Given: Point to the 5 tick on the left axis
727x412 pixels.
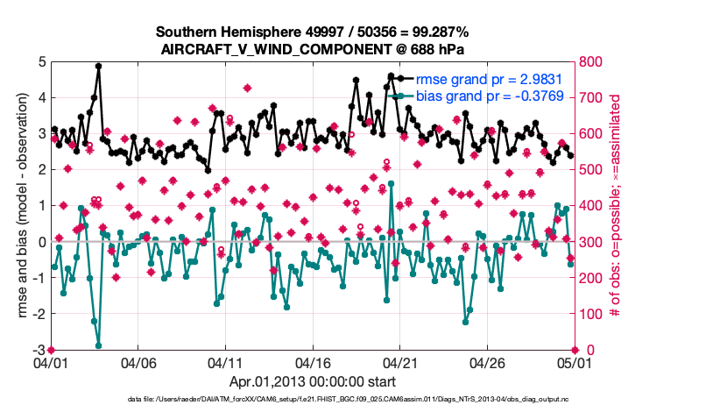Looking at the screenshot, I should pyautogui.click(x=42, y=62).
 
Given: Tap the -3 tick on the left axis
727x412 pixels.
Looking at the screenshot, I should pyautogui.click(x=39, y=350).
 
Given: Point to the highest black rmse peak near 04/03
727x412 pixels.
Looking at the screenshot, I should pyautogui.click(x=99, y=66).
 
